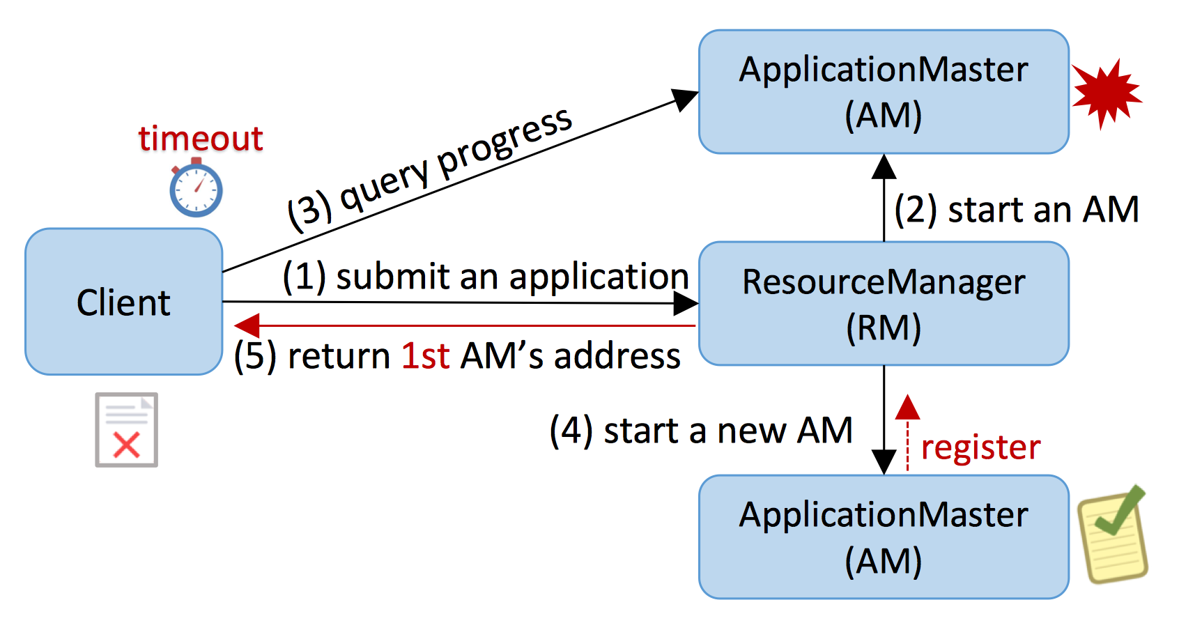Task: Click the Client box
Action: (x=124, y=302)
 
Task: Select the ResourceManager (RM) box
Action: (x=884, y=304)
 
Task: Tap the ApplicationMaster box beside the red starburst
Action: (x=884, y=91)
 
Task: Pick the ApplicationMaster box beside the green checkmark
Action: (x=884, y=537)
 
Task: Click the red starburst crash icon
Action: (x=1107, y=93)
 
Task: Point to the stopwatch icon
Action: (x=196, y=188)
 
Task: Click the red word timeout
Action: (x=201, y=139)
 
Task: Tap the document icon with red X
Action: (x=126, y=430)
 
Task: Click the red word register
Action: (x=980, y=448)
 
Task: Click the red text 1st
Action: (x=425, y=356)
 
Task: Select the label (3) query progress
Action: (x=430, y=169)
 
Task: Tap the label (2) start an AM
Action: (x=1017, y=210)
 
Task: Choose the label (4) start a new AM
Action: (x=701, y=431)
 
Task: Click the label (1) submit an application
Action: (x=486, y=276)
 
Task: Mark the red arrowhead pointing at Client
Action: (x=247, y=325)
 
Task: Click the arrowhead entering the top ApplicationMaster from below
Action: (x=884, y=167)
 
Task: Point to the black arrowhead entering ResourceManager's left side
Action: (x=686, y=304)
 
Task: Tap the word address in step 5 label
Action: (x=617, y=356)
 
